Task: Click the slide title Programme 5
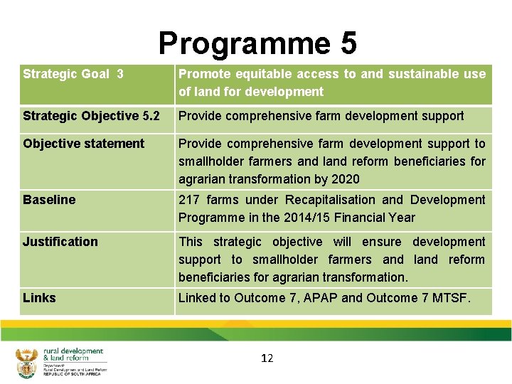pyautogui.click(x=257, y=43)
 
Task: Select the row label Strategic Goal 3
pyautogui.click(x=73, y=74)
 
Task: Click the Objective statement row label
pyautogui.click(x=83, y=144)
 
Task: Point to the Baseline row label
pyautogui.click(x=49, y=200)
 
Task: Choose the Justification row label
pyautogui.click(x=60, y=242)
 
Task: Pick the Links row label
pyautogui.click(x=39, y=298)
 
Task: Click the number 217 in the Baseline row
pyautogui.click(x=189, y=200)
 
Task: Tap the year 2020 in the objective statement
pyautogui.click(x=345, y=179)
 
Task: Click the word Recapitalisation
pyautogui.click(x=330, y=200)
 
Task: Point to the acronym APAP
pyautogui.click(x=321, y=298)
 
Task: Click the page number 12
pyautogui.click(x=267, y=358)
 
